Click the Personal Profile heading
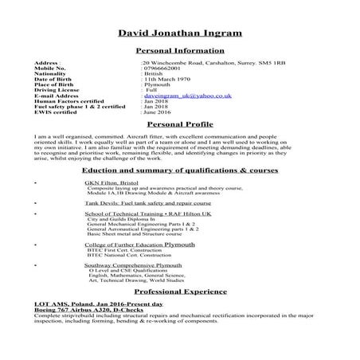[179, 126]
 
